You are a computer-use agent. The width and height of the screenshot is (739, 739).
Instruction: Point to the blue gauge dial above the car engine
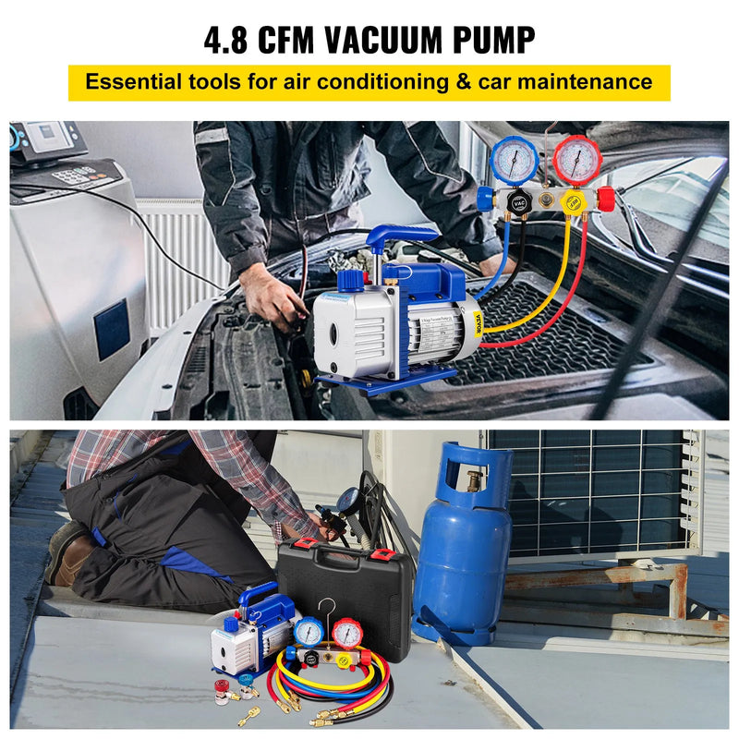coord(515,159)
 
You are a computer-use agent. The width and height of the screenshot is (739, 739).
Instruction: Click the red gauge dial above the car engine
coord(577,159)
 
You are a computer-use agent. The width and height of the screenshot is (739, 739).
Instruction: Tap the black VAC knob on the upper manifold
coord(523,202)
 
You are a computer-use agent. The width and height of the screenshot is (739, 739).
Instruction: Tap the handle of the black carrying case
coord(338,557)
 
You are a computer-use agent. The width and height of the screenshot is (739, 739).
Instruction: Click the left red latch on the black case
coord(302,556)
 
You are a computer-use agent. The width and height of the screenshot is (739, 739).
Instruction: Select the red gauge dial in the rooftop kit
coord(346,636)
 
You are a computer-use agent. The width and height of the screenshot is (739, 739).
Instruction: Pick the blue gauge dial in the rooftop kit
coord(309,632)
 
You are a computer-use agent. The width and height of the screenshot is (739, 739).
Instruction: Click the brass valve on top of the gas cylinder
coord(474,481)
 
